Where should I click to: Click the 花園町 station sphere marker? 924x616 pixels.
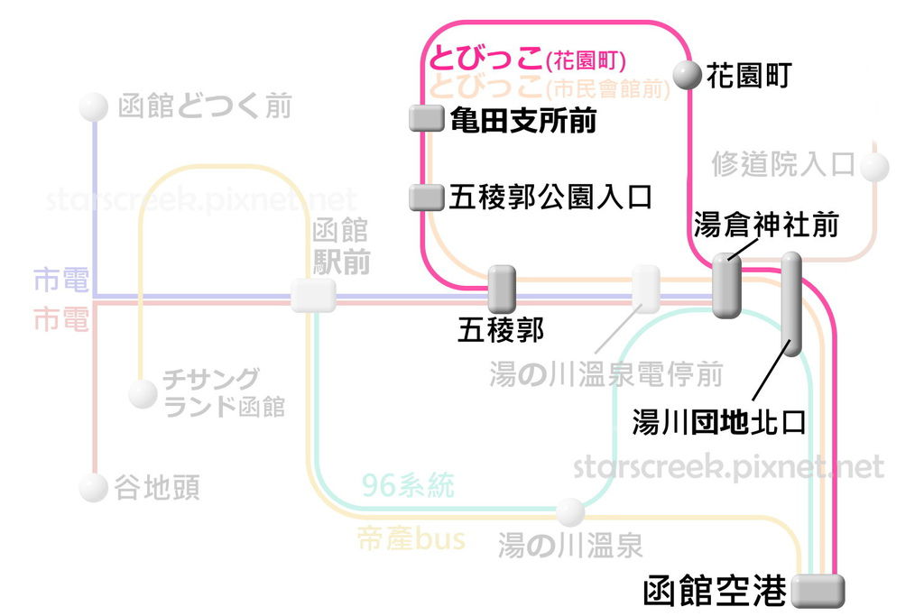tap(688, 75)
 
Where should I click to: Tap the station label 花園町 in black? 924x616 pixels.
tap(748, 75)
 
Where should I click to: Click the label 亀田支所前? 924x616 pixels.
tap(522, 120)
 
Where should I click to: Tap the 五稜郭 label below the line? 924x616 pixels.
tap(501, 331)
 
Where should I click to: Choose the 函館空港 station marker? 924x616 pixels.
tap(818, 592)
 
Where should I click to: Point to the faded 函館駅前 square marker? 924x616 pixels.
tap(313, 295)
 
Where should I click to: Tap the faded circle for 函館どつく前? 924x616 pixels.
tap(93, 107)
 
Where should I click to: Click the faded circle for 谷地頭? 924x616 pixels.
tap(93, 488)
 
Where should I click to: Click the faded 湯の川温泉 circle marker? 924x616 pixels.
tap(569, 513)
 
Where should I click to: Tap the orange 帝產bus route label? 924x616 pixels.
tap(411, 539)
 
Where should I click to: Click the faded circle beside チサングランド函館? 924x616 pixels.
tap(143, 393)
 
